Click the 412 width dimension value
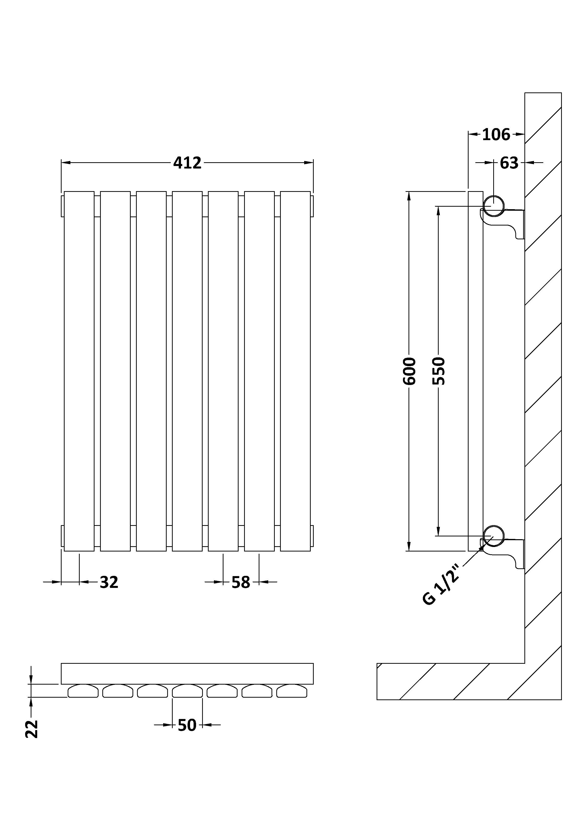tap(187, 163)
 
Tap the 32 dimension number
tap(109, 582)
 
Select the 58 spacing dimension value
tap(241, 582)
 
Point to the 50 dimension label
tap(187, 725)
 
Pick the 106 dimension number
tap(496, 135)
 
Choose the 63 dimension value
tap(509, 163)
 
